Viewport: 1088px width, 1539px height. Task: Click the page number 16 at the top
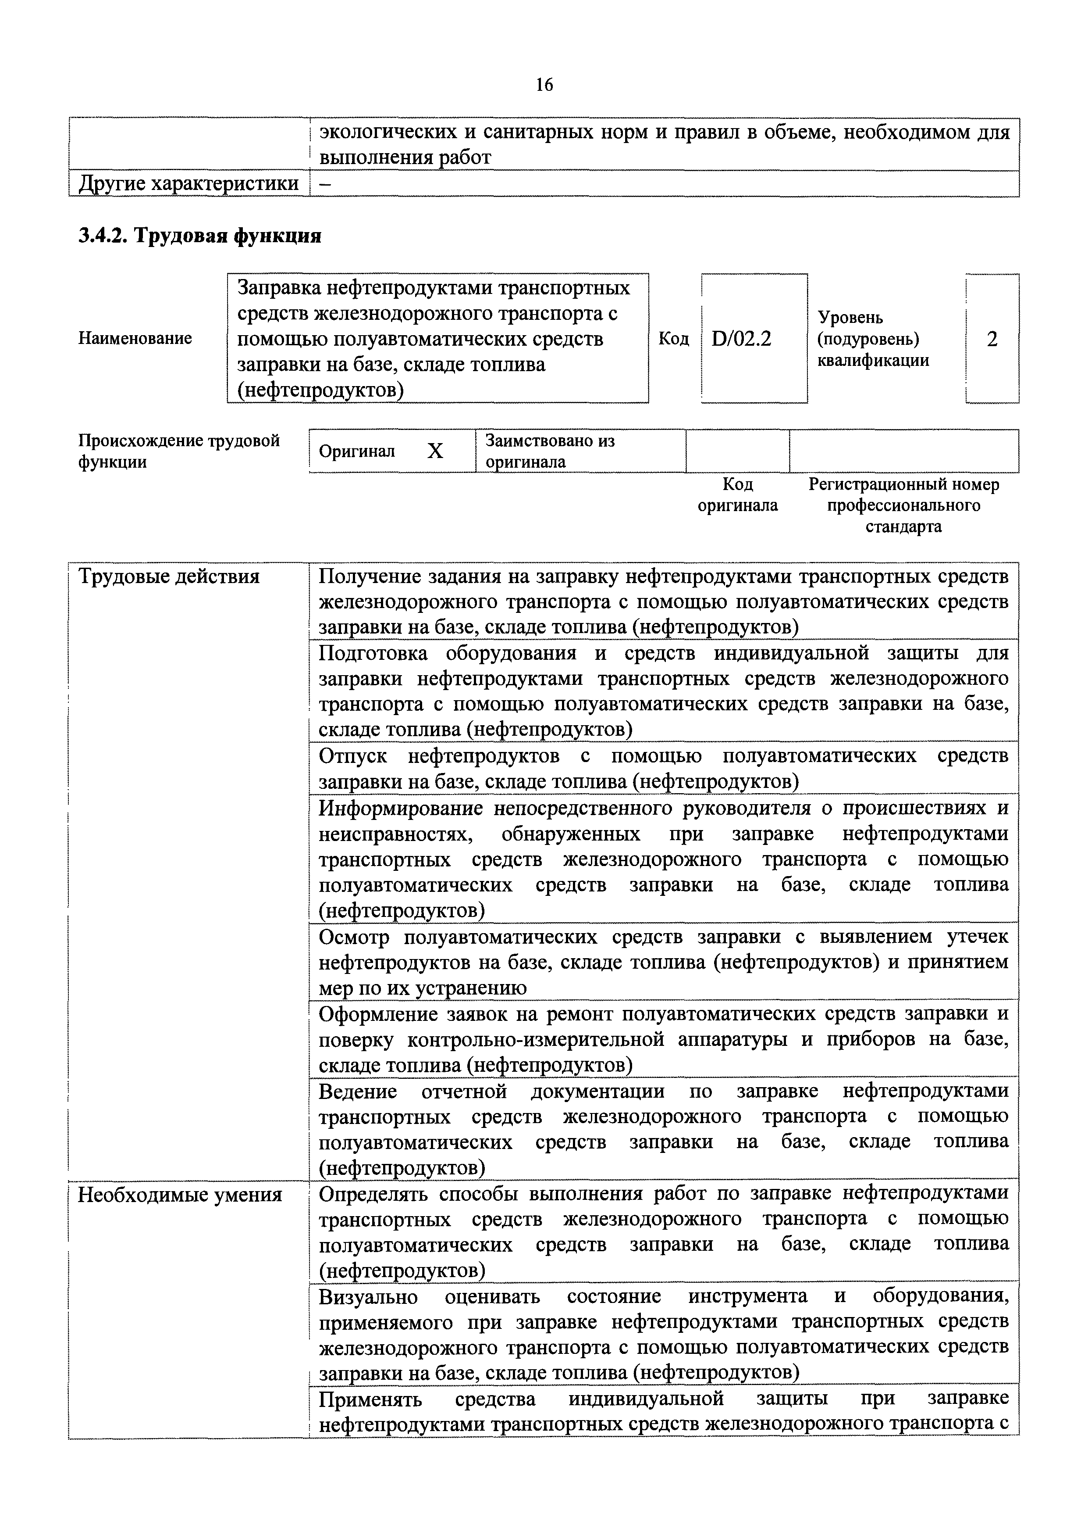coord(544,85)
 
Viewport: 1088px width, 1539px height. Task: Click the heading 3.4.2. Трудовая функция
coord(200,236)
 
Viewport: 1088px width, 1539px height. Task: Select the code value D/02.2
coord(742,339)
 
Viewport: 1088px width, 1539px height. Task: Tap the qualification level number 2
coord(992,339)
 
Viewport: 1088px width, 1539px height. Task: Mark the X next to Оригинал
coord(435,451)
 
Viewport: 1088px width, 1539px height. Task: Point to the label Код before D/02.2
coord(673,339)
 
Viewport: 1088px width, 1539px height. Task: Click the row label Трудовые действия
coord(169,576)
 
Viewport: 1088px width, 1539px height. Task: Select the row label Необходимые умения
coord(180,1195)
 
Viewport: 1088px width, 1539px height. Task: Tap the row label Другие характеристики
coord(188,184)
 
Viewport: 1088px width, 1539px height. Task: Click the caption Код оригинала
coord(738,495)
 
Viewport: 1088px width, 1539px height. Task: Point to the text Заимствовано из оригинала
coord(549,451)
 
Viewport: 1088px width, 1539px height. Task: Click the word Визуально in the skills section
coord(368,1297)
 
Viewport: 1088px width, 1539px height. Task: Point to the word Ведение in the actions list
coord(358,1091)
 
